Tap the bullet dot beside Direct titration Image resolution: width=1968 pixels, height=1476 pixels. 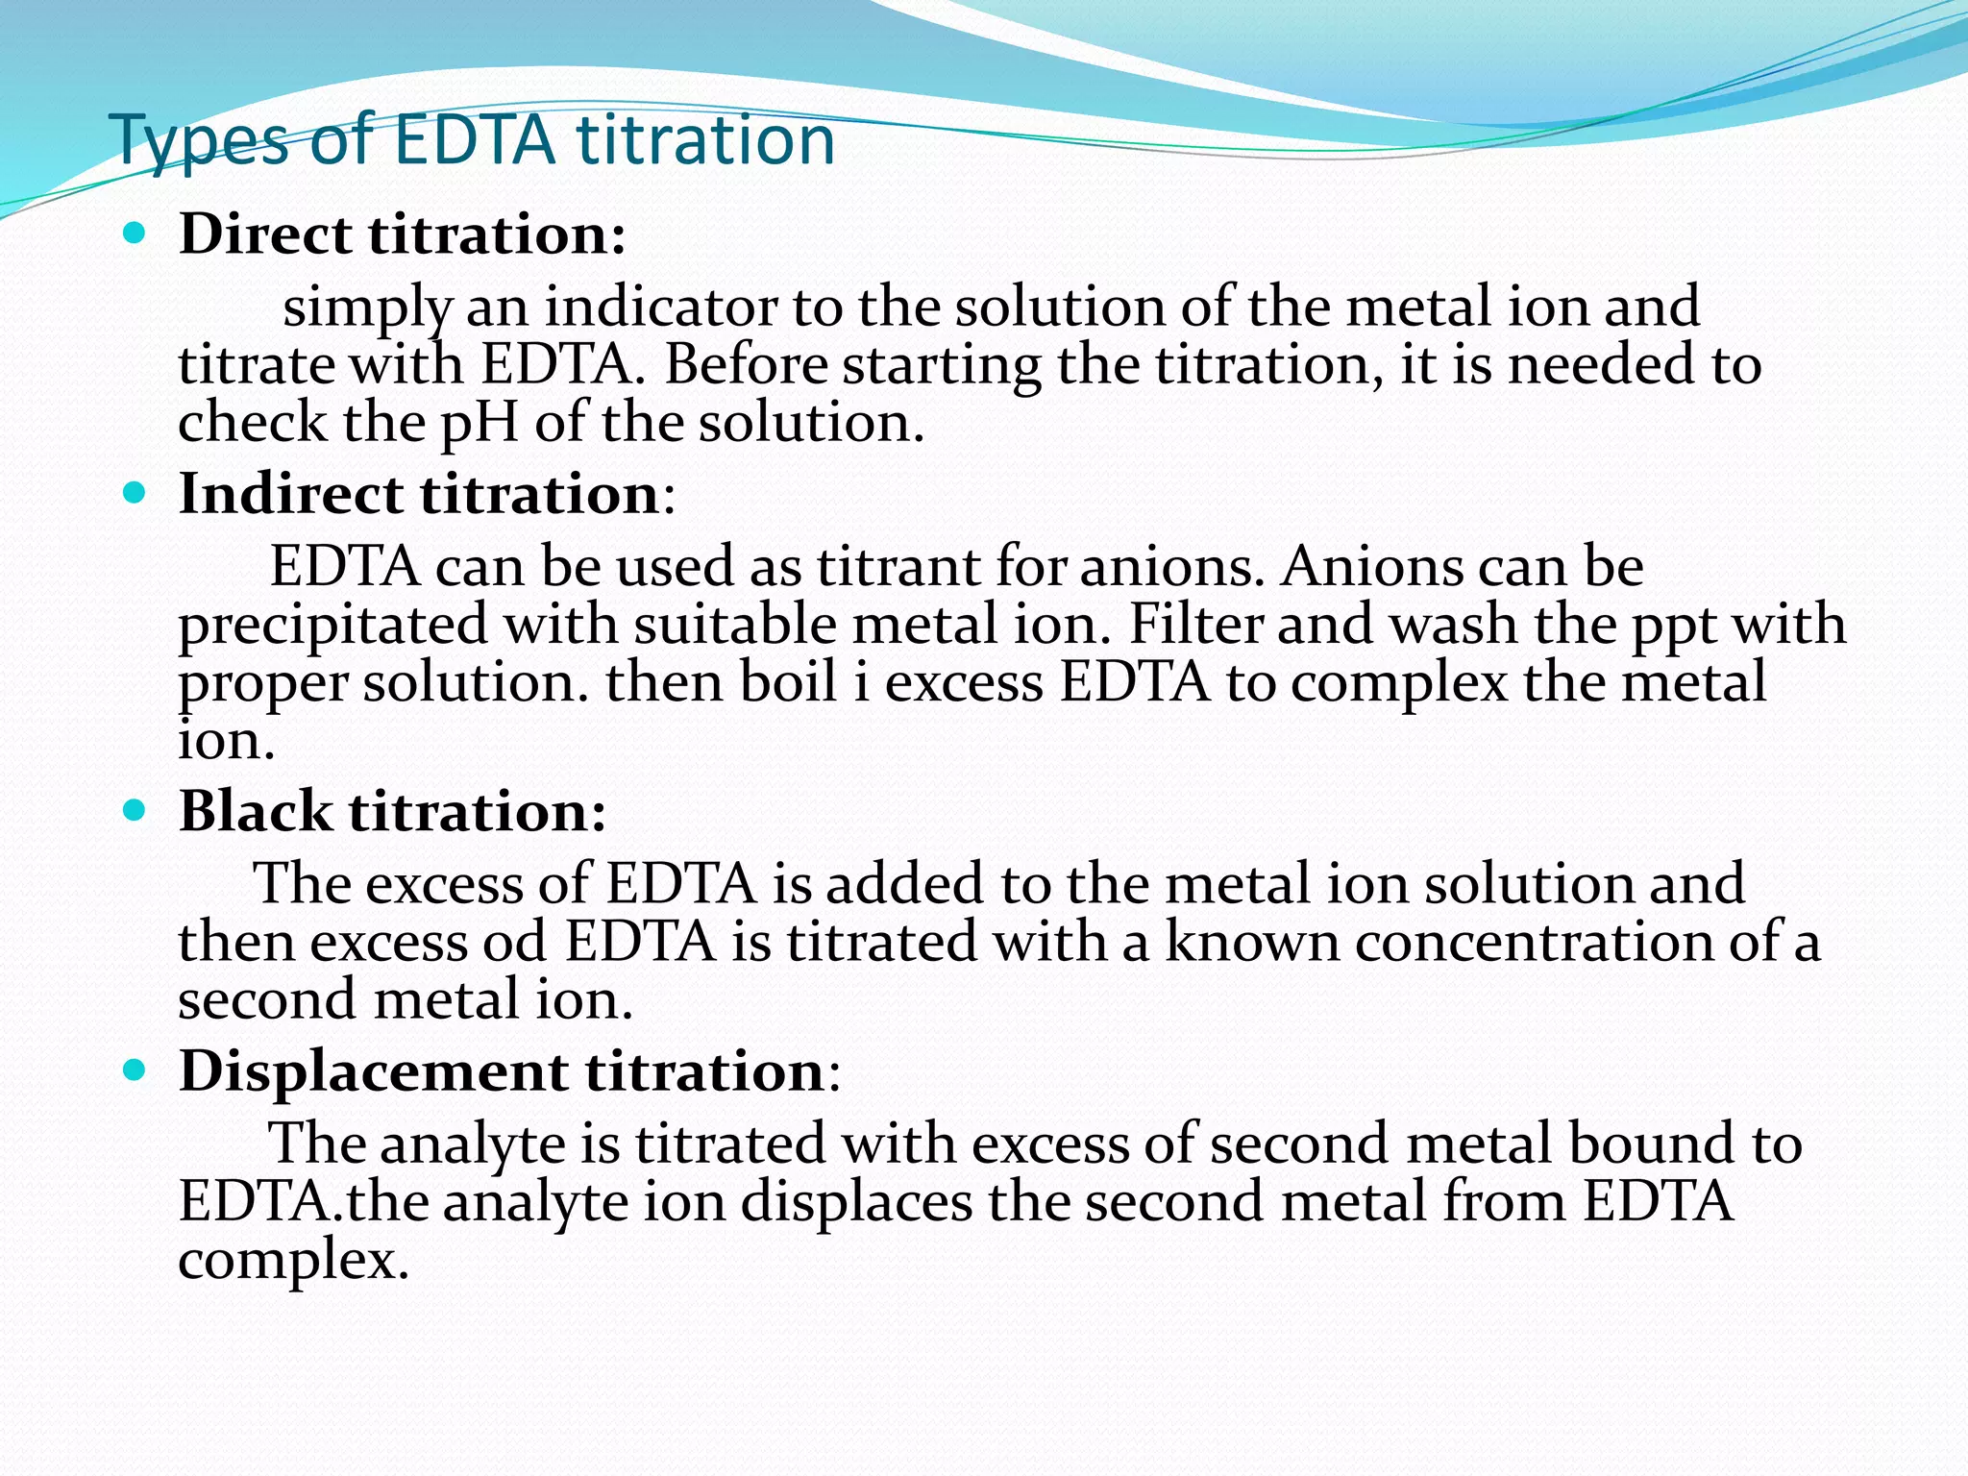(135, 234)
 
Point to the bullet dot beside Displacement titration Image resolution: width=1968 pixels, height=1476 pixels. (135, 1070)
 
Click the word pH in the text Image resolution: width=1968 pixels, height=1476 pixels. (479, 423)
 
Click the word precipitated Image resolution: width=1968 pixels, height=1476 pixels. (333, 626)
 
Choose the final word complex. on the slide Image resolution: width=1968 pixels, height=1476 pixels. (293, 1260)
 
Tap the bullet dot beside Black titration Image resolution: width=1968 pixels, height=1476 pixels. (135, 810)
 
